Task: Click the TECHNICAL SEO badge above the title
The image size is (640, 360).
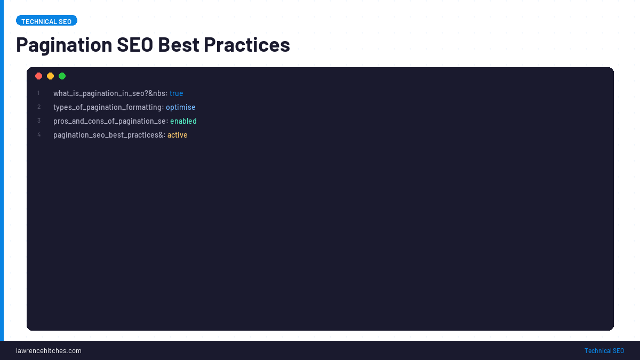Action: point(46,21)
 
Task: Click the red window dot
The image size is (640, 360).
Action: point(39,76)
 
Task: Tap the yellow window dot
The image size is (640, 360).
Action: point(51,76)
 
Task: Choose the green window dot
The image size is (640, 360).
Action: point(62,76)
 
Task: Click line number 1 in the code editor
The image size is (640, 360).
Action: point(39,93)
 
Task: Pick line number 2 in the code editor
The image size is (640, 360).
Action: point(39,107)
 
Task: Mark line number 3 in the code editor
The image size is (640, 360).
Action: point(39,121)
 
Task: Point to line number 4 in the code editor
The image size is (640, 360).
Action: point(39,135)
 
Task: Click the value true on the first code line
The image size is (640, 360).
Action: point(177,93)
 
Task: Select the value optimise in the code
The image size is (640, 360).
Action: point(181,107)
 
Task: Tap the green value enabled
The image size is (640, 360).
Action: point(183,121)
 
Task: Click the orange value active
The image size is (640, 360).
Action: point(178,135)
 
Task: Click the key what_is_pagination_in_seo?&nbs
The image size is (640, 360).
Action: point(109,93)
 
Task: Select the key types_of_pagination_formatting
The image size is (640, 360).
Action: point(107,107)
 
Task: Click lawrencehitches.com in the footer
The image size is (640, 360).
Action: point(49,350)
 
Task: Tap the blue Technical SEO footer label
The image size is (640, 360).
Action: point(604,350)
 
